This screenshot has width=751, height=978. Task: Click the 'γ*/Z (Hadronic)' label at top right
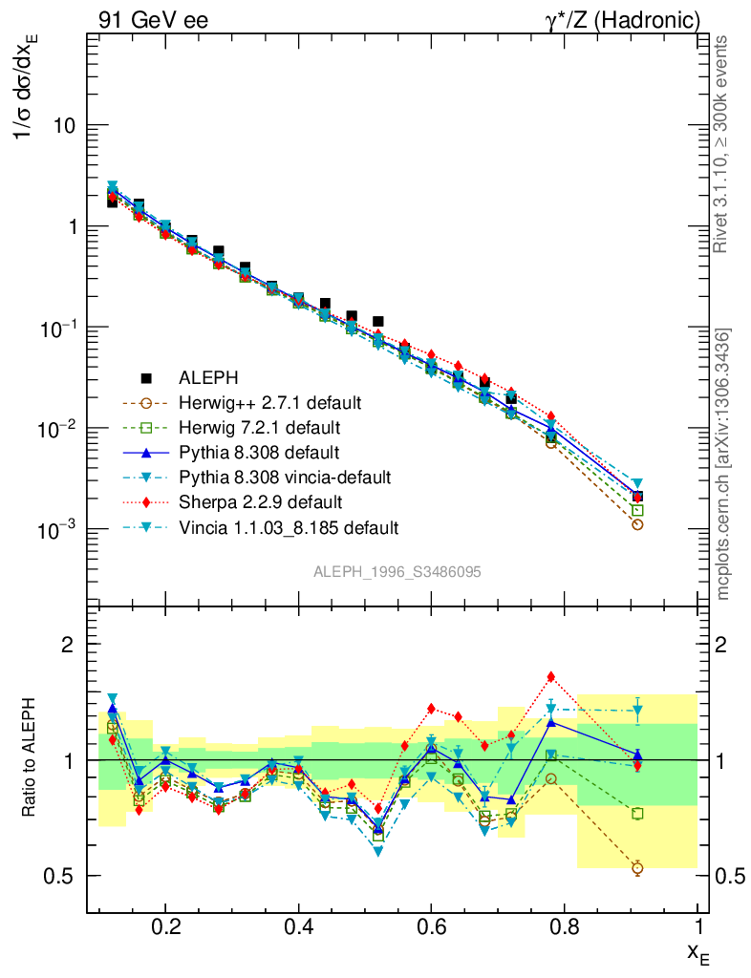click(623, 19)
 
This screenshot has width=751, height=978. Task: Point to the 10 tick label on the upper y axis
click(68, 126)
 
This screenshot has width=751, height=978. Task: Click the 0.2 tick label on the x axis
click(165, 925)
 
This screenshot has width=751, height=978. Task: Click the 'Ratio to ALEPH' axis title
click(32, 760)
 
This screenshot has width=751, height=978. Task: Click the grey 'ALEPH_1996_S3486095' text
click(397, 571)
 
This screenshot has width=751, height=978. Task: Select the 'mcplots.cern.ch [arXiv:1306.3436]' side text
click(723, 463)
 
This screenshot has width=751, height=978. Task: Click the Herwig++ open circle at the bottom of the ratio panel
click(637, 867)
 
